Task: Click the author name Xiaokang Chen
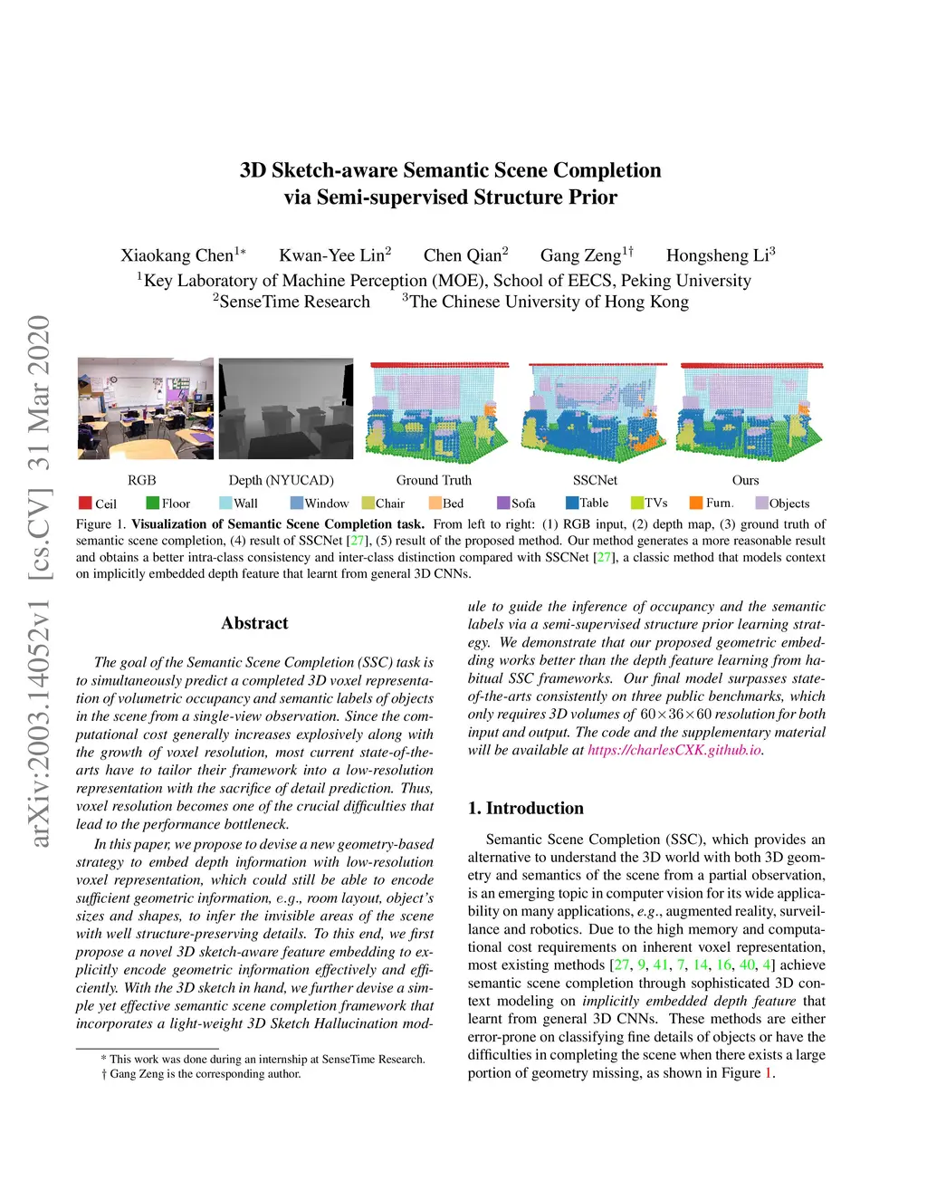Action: (177, 255)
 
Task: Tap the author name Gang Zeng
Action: (580, 255)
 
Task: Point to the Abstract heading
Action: (254, 623)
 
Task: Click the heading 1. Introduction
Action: (525, 808)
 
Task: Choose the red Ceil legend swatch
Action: (85, 503)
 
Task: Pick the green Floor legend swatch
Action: (152, 503)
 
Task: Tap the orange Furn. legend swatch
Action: (696, 503)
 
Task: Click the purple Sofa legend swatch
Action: (503, 503)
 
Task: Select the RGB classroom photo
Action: (145, 408)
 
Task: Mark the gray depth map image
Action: (286, 408)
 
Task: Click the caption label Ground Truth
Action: (434, 480)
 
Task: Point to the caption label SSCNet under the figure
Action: (595, 480)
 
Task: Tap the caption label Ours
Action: (745, 480)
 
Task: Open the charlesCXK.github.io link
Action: (674, 750)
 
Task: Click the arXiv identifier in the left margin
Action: (39, 580)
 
